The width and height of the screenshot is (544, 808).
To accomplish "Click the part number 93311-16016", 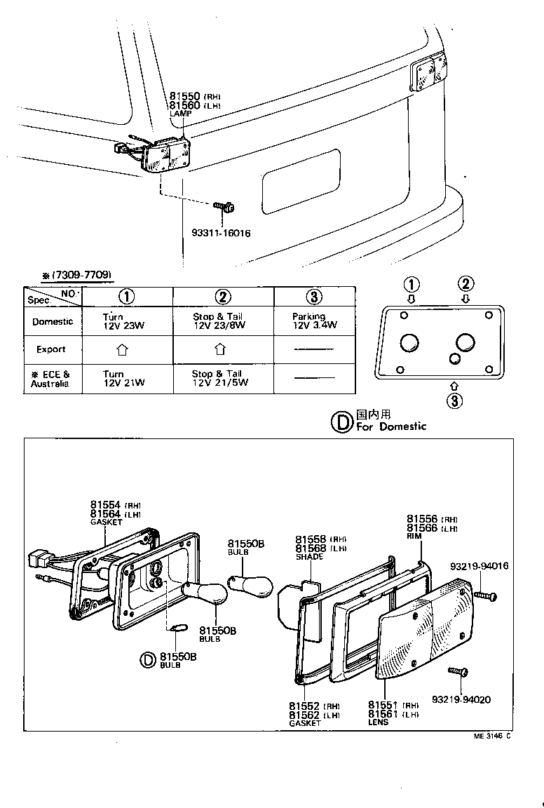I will coord(221,234).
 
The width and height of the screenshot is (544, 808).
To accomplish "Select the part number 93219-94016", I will coord(480,566).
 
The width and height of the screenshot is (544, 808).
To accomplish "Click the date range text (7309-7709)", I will coord(77,274).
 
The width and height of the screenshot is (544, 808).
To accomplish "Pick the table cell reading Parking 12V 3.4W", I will coord(314,321).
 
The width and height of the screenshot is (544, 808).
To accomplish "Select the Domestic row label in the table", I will coord(53,321).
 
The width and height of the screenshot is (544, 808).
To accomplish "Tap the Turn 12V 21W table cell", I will coord(114,379).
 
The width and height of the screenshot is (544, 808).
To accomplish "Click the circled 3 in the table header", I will coord(314,296).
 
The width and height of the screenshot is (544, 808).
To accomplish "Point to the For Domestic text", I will coord(390,426).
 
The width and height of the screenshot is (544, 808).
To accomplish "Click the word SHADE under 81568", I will coord(309,557).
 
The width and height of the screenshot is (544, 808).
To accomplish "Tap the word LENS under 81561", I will coord(379,722).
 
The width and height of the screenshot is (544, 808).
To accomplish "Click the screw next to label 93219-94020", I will coord(458,672).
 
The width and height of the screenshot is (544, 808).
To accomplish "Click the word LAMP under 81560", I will coord(179,113).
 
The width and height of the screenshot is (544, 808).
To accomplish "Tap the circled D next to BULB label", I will coord(148,660).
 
